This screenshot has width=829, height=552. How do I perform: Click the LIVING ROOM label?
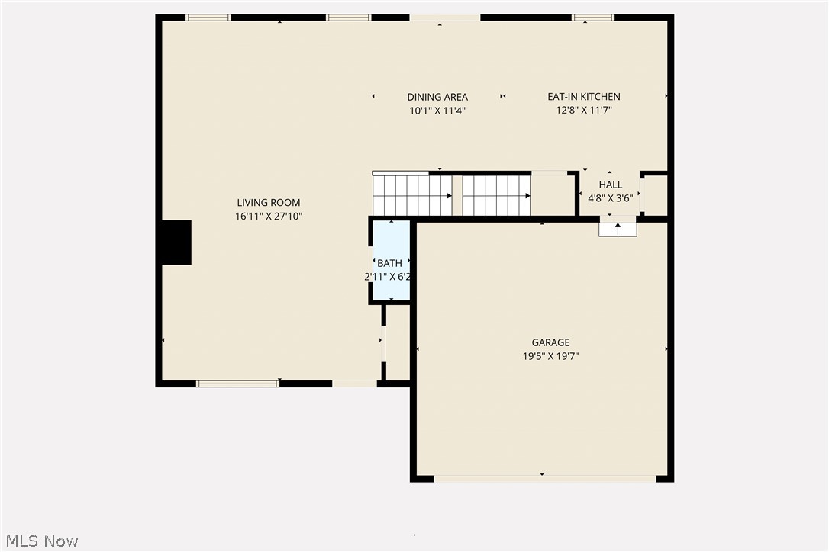[268, 203]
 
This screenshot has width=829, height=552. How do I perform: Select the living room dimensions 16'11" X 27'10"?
[268, 217]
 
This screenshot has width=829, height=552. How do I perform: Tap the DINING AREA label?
[437, 97]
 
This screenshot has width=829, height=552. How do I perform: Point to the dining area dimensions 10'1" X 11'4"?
[437, 111]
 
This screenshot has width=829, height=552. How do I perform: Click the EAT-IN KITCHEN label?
[584, 97]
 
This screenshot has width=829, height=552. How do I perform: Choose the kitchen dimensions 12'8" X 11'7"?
[584, 111]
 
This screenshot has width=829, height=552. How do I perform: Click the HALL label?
[610, 185]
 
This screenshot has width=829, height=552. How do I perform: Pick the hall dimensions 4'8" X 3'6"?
[610, 197]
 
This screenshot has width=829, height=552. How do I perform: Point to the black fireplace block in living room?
[176, 242]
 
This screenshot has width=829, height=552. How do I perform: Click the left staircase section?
[411, 195]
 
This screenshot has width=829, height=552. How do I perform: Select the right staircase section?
[496, 195]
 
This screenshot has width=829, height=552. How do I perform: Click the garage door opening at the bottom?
[544, 479]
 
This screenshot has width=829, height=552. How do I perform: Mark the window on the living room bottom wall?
[237, 384]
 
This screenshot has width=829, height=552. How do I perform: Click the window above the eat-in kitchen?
[593, 18]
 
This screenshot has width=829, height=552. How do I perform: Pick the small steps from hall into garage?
[618, 229]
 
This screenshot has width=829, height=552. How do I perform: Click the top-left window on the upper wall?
[208, 18]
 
